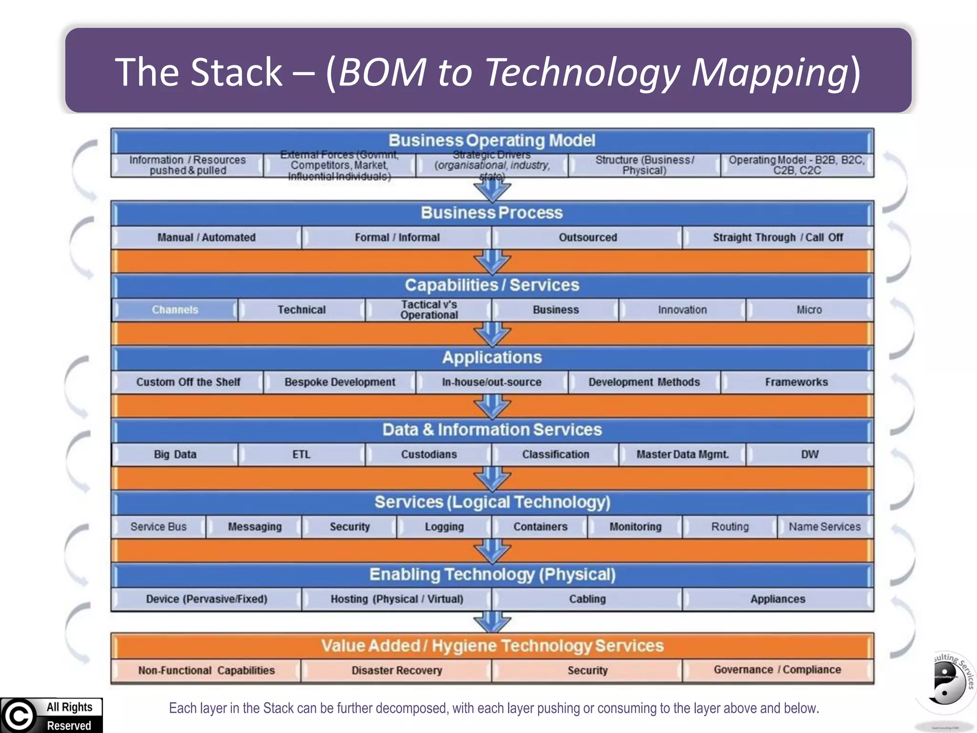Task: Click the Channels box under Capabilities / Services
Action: (x=175, y=310)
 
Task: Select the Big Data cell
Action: (x=175, y=454)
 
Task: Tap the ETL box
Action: (x=301, y=454)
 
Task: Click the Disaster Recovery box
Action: (x=396, y=670)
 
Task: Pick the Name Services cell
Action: (x=824, y=527)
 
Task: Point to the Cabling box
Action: (x=587, y=599)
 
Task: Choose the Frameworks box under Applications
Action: (x=796, y=382)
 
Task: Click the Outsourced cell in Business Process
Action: (x=587, y=238)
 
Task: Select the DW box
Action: (x=810, y=454)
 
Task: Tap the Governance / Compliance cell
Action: (x=777, y=670)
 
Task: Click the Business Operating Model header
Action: (x=492, y=141)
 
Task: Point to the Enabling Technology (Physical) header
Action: (x=492, y=575)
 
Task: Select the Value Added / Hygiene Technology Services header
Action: (x=492, y=646)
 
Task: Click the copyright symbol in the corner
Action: (x=18, y=716)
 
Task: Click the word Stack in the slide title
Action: (x=237, y=72)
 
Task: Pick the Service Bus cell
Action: (x=158, y=527)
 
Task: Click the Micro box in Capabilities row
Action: (x=809, y=310)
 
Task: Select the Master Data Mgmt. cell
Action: (x=682, y=454)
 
